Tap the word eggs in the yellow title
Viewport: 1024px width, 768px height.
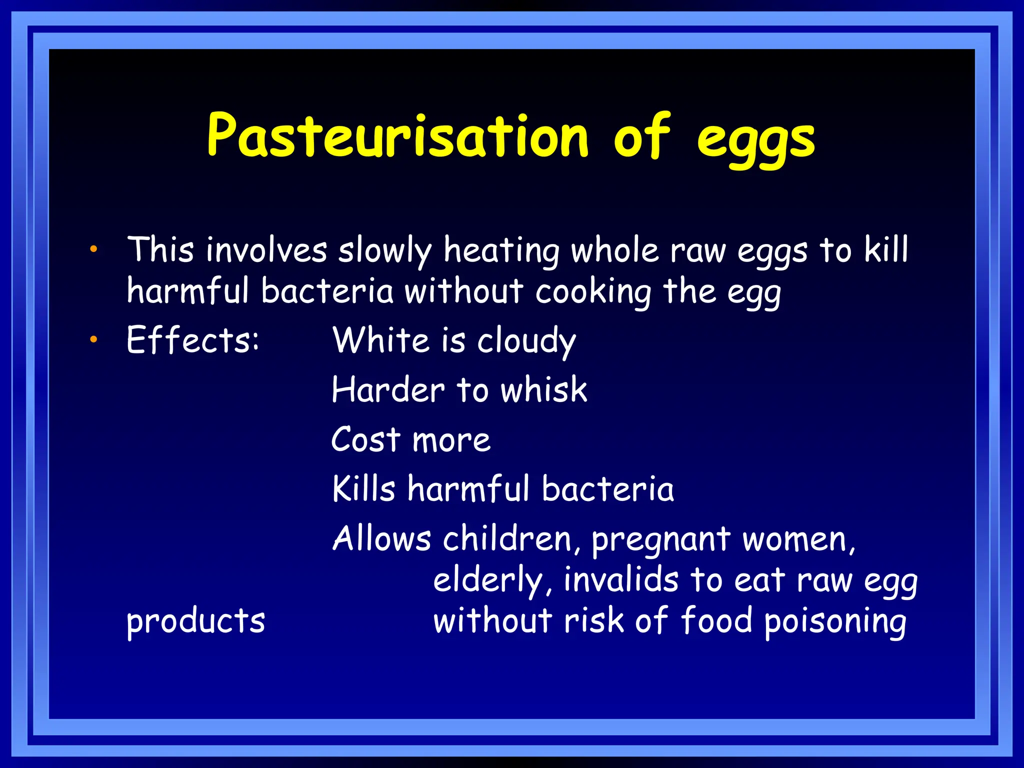pos(756,140)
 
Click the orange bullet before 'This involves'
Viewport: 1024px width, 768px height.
pos(93,249)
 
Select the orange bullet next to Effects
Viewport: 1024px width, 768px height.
pos(93,340)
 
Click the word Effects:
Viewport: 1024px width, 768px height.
pos(193,340)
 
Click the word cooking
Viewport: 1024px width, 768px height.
pos(593,292)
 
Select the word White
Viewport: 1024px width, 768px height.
pos(381,340)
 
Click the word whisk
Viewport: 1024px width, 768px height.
pos(544,390)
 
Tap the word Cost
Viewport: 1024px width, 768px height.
pos(366,440)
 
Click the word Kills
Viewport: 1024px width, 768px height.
pos(364,488)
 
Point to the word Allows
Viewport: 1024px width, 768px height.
pos(381,538)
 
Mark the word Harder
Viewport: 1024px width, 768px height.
pos(388,390)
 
